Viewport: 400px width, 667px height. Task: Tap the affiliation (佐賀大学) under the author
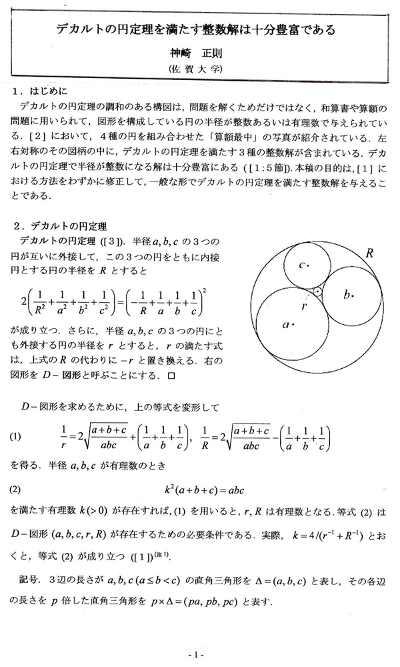pos(201,69)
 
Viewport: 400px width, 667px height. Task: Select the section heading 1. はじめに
pos(45,91)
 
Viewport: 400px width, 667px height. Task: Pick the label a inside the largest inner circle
pos(289,325)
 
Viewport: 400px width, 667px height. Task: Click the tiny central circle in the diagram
pos(319,291)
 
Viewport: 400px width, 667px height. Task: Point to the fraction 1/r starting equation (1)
pos(64,437)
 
